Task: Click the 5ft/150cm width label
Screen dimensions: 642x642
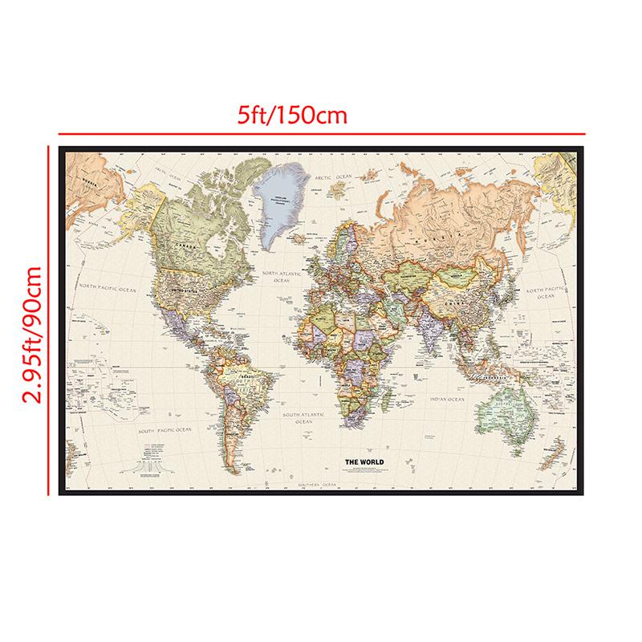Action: [291, 115]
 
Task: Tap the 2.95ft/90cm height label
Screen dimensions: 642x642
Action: [31, 319]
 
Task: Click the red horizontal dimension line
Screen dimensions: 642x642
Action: [321, 132]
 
